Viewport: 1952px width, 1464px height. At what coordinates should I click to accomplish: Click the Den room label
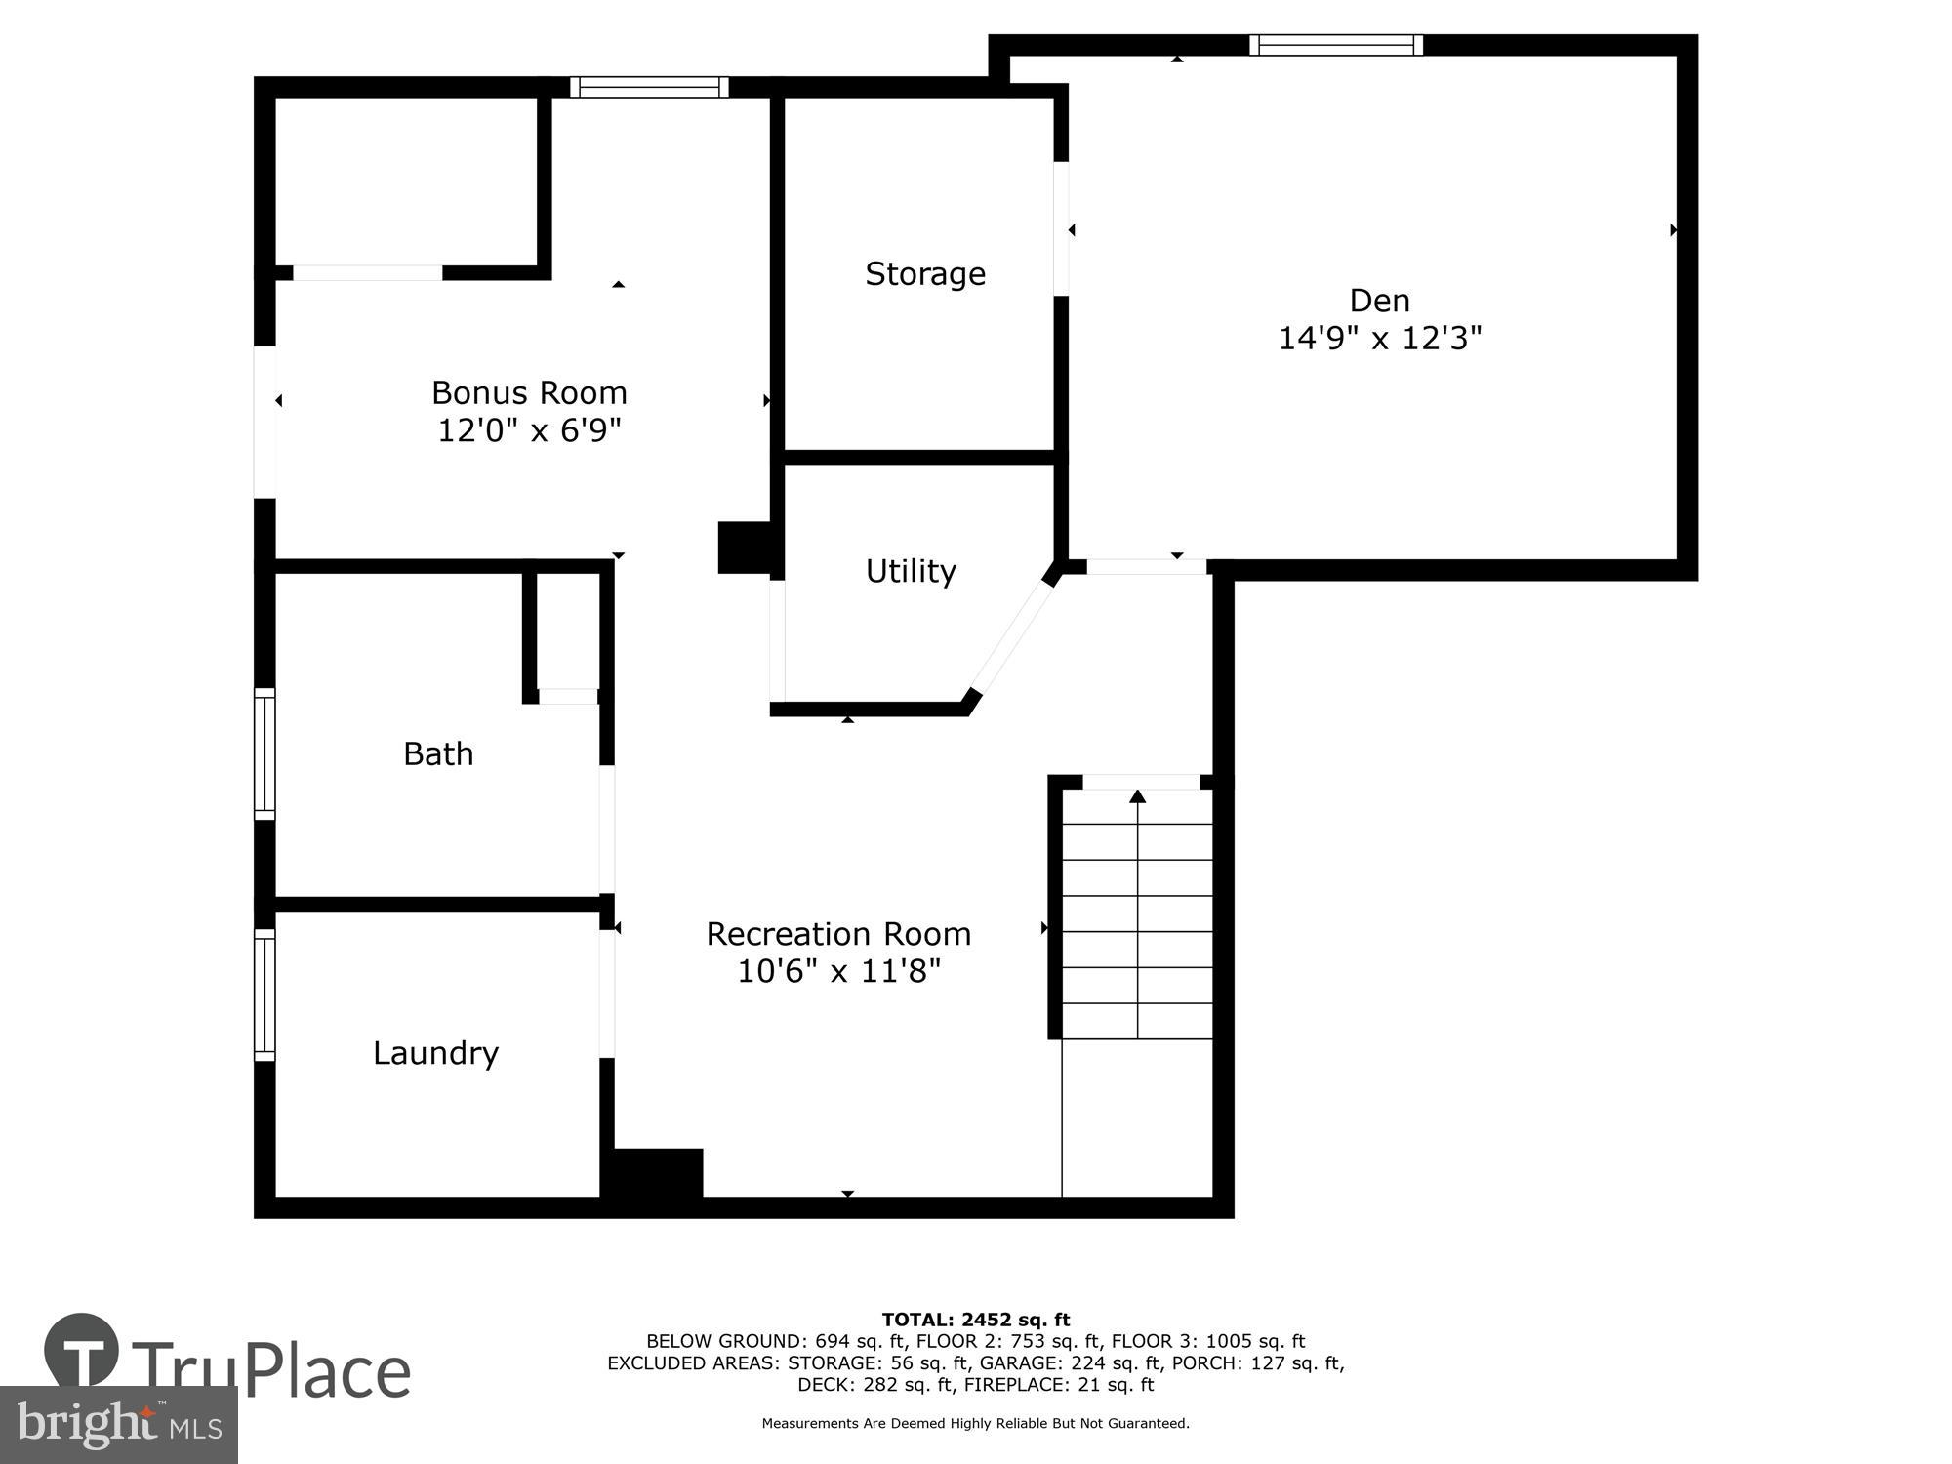tap(1379, 300)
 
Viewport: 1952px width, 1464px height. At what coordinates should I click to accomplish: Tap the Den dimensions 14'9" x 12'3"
tap(1379, 339)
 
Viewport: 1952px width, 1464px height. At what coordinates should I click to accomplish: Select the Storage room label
tap(924, 274)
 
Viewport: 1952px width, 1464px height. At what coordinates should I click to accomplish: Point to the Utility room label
tap(910, 571)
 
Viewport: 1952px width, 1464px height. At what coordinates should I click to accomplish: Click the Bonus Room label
tap(529, 392)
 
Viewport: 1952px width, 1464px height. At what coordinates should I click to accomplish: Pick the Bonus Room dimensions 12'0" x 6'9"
tap(529, 430)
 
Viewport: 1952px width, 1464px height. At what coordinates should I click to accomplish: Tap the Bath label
tap(438, 753)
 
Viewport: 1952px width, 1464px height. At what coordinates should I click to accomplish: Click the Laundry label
tap(435, 1053)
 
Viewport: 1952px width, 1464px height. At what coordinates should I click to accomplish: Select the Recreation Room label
tap(838, 934)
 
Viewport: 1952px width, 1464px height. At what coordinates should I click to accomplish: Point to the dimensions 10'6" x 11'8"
tap(838, 972)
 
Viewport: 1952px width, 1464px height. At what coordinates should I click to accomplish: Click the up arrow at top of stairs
tap(1137, 797)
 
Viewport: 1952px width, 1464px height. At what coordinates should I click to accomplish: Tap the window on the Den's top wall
tap(1335, 45)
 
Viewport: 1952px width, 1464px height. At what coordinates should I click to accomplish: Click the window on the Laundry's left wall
tap(264, 995)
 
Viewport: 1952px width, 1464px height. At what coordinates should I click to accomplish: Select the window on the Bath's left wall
tap(264, 753)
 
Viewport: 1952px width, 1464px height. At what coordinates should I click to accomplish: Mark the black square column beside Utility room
tap(745, 548)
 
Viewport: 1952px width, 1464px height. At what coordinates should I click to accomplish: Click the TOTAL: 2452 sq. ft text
tap(975, 1321)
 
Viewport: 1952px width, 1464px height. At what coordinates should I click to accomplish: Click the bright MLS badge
tap(118, 1426)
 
